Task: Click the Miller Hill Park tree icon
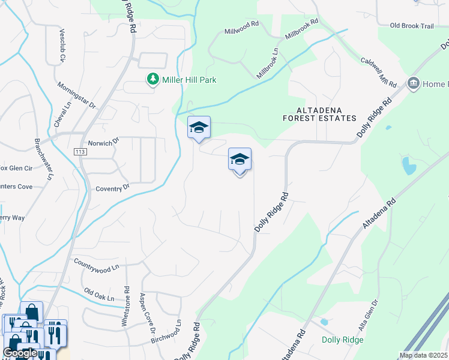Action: (x=153, y=80)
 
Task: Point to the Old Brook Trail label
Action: (x=411, y=26)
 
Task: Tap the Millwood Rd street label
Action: (x=241, y=28)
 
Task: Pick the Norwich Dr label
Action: (x=104, y=143)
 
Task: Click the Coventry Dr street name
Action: (x=112, y=188)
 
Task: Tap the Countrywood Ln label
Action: (x=97, y=266)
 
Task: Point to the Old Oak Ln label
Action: (x=99, y=295)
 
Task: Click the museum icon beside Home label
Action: (x=413, y=83)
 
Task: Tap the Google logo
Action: (x=20, y=353)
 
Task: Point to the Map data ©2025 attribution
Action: (x=423, y=355)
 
